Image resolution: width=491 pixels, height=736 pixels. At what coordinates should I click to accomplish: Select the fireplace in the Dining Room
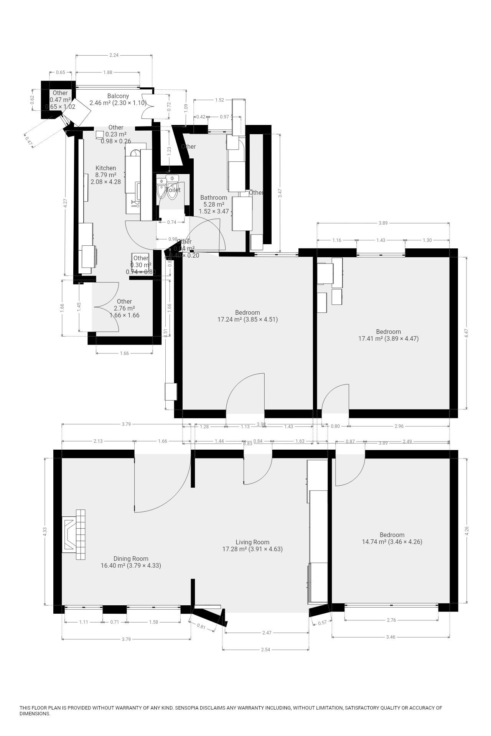tap(74, 534)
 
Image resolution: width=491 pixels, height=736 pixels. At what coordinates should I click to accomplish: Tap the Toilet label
tap(173, 190)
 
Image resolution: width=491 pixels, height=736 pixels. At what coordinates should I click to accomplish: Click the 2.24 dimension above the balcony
tap(114, 55)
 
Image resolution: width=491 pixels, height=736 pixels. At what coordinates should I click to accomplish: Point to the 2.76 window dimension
tap(391, 620)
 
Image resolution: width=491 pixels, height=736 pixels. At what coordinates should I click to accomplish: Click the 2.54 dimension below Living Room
tap(265, 649)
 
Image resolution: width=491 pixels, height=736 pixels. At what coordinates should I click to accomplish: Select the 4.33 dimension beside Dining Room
tap(45, 531)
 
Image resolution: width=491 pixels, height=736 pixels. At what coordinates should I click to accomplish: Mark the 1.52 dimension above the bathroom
tap(219, 100)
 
